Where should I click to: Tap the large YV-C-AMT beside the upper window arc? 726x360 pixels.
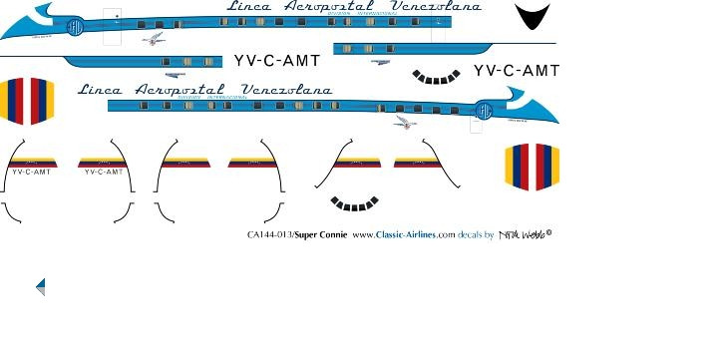[x=516, y=70]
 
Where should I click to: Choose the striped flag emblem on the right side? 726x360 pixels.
[x=532, y=167]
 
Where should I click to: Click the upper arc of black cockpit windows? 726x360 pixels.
[x=437, y=76]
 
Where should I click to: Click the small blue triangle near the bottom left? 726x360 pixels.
[x=41, y=287]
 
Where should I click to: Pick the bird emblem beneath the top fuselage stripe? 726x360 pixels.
[x=153, y=40]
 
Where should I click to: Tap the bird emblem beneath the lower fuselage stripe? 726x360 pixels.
[x=405, y=123]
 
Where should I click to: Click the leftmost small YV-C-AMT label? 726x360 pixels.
[x=31, y=172]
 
